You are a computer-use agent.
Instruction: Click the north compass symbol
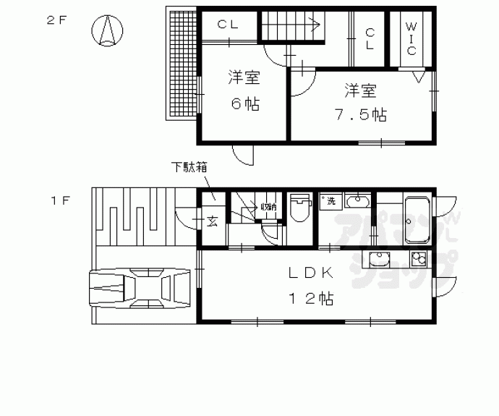[x=108, y=31]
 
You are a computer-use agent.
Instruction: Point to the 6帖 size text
[x=245, y=103]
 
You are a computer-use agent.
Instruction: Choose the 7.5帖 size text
[x=359, y=115]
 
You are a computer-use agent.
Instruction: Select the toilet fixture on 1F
[x=299, y=209]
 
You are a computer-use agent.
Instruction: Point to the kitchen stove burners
[x=419, y=259]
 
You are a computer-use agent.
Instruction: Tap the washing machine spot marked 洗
[x=330, y=200]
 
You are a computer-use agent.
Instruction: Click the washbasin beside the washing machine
[x=357, y=201]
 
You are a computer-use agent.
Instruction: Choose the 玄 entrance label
[x=213, y=220]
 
